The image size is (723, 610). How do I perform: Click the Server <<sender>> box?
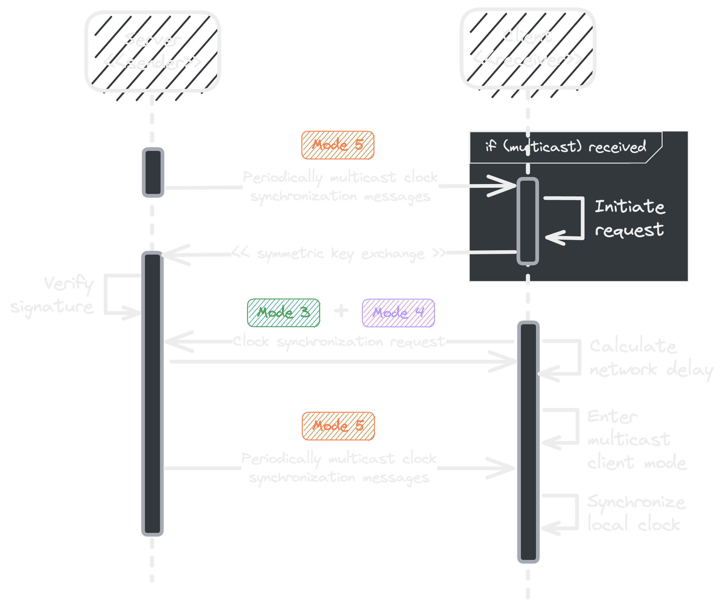[x=152, y=51]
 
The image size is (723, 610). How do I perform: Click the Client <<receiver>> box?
[x=528, y=48]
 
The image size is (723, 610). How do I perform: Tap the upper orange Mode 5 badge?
[x=338, y=145]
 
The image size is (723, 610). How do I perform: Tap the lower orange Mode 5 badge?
[x=338, y=426]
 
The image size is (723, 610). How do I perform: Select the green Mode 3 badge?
[x=283, y=313]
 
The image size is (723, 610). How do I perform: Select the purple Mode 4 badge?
[x=398, y=313]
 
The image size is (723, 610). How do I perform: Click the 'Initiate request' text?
[x=630, y=218]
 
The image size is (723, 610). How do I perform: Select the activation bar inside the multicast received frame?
[x=528, y=221]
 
